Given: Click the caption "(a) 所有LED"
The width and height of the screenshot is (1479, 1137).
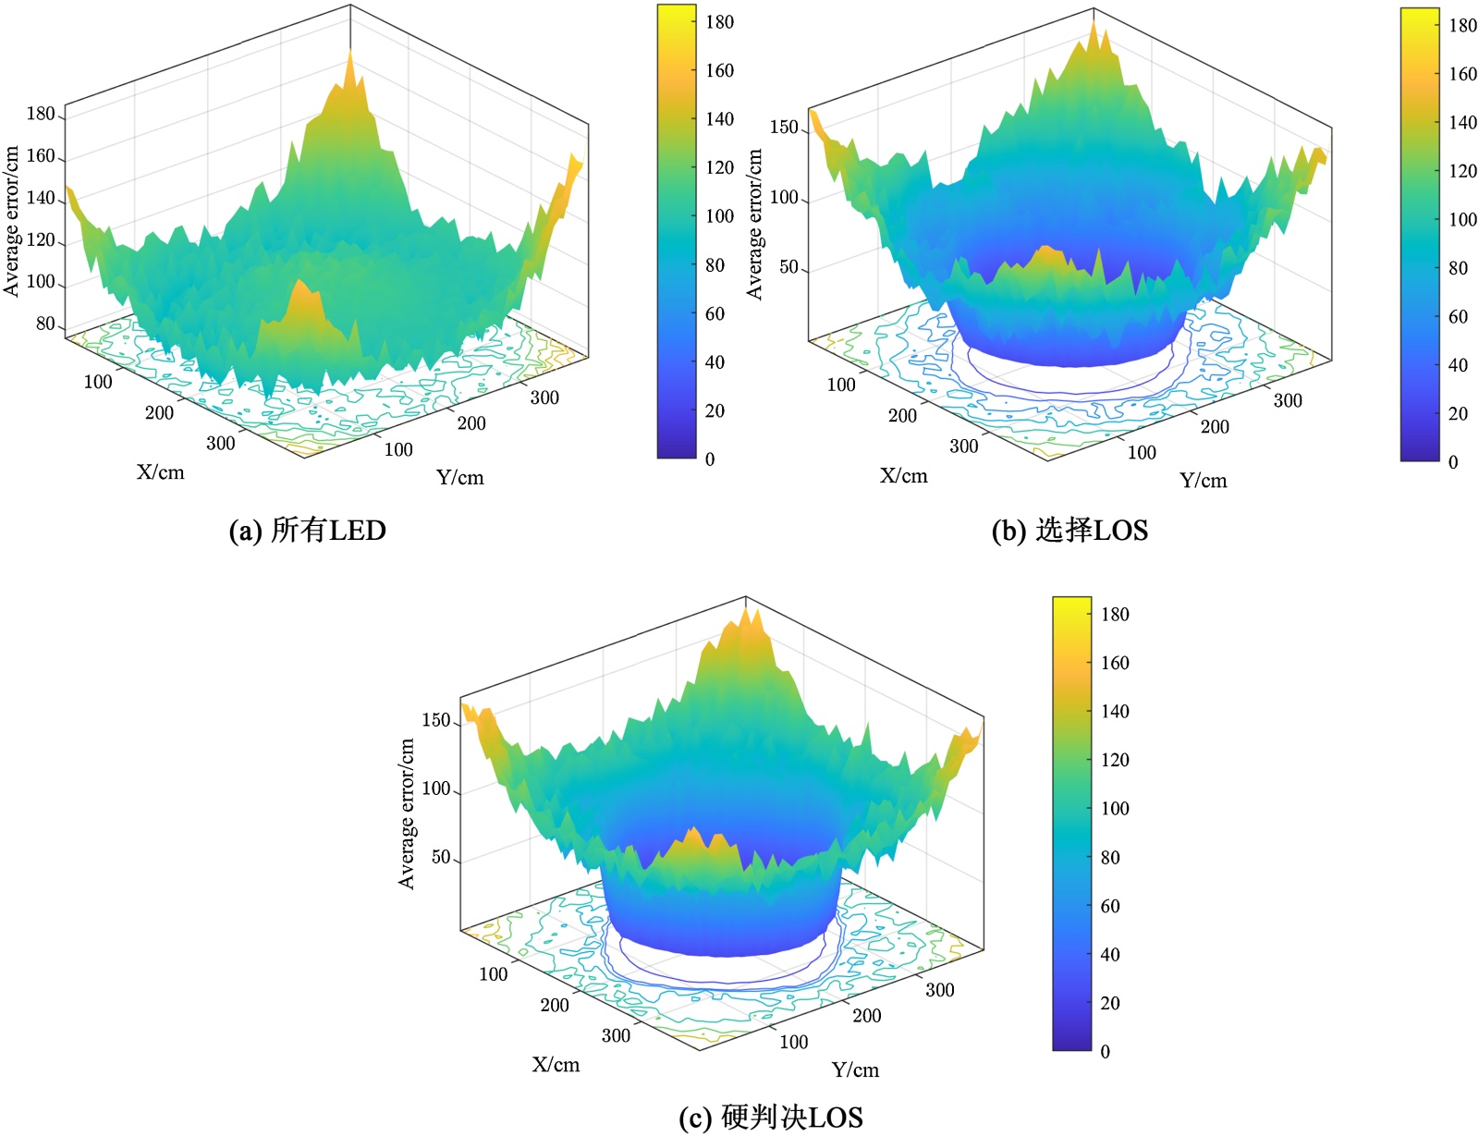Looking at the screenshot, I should (307, 531).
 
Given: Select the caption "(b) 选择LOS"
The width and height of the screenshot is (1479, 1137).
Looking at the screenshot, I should (1069, 531).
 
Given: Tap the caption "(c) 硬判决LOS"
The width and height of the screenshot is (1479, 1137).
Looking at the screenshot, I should (770, 1117).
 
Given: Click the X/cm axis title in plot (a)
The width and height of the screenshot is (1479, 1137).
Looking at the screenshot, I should (161, 472).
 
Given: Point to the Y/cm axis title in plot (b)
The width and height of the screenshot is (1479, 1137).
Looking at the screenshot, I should (1203, 480).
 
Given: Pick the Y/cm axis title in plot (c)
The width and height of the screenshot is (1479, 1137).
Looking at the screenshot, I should (855, 1070).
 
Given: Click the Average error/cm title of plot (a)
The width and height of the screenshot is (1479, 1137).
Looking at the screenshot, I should (11, 221).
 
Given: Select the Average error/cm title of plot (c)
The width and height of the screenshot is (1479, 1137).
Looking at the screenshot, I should (406, 813).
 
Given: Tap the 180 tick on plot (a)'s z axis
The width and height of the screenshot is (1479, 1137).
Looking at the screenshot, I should (41, 114).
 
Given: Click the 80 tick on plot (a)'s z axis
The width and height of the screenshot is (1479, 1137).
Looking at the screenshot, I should (45, 324).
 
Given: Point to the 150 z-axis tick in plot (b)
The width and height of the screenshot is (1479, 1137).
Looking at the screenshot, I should (783, 128).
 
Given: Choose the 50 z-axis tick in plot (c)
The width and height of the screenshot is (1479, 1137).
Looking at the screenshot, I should (441, 857).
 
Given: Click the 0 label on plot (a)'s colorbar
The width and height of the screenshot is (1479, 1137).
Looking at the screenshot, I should (710, 458).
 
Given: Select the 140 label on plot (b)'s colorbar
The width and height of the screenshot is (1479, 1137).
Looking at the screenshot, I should (1462, 122).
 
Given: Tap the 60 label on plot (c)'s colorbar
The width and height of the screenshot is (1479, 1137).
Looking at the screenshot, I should (1110, 906).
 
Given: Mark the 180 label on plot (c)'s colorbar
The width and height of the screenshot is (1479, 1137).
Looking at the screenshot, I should (1115, 614).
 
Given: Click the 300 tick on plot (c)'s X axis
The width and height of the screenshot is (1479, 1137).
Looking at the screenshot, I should (616, 1035).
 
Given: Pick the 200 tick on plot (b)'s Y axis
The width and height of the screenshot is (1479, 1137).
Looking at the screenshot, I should (1215, 426).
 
